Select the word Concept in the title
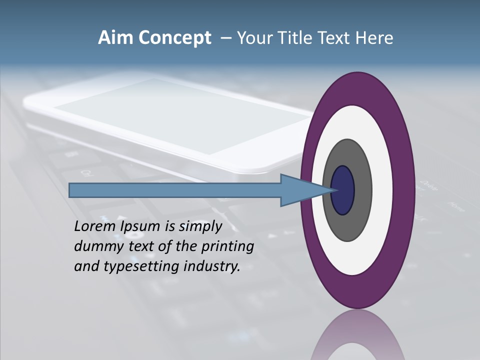tap(175, 38)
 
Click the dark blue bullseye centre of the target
tap(343, 190)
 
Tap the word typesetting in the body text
tap(142, 266)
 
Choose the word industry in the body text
tap(212, 266)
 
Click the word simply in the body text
tap(200, 226)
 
